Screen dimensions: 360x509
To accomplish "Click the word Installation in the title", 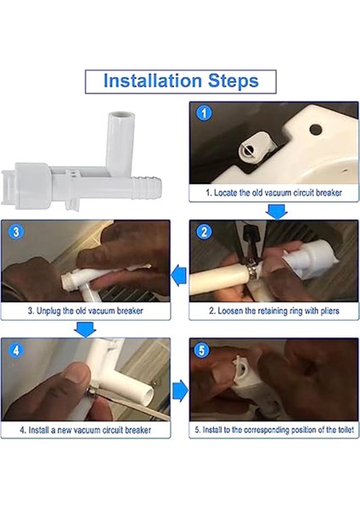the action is click(152, 81).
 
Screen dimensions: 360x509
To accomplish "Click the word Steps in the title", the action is click(233, 81).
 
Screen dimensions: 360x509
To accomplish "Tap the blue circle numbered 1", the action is click(204, 114).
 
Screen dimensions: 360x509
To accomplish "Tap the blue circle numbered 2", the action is click(204, 232).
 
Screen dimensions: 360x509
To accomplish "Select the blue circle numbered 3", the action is click(16, 232).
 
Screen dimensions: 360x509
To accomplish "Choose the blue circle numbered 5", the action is click(202, 350).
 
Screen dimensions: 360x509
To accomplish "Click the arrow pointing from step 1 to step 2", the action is click(277, 211).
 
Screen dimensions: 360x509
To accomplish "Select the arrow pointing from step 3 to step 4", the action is click(85, 329).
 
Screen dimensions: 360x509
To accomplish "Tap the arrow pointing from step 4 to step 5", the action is click(180, 390).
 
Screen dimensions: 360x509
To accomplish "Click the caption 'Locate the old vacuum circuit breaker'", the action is click(274, 193).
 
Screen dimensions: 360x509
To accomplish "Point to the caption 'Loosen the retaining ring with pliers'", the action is click(274, 310).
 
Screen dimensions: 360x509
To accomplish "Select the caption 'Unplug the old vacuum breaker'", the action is click(86, 310).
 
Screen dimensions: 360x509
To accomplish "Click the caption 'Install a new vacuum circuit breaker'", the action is click(86, 430).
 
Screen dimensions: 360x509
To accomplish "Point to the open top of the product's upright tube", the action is click(121, 116).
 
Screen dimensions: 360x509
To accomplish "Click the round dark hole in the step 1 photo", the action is click(315, 130).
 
